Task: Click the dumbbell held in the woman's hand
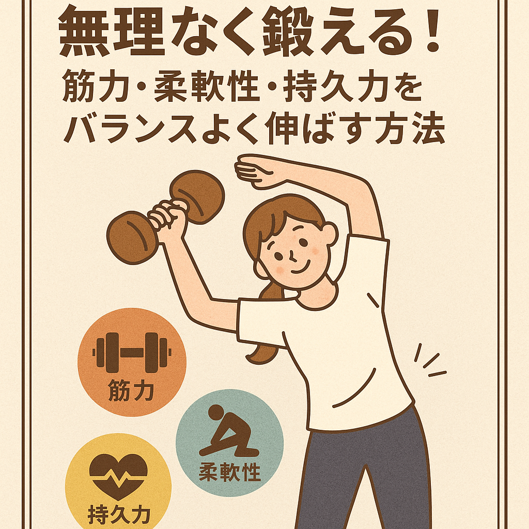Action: (x=165, y=216)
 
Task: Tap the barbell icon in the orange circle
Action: (x=132, y=352)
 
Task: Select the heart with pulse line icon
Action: (x=118, y=476)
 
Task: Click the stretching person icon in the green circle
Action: (x=229, y=431)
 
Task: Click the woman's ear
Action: (x=330, y=234)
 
